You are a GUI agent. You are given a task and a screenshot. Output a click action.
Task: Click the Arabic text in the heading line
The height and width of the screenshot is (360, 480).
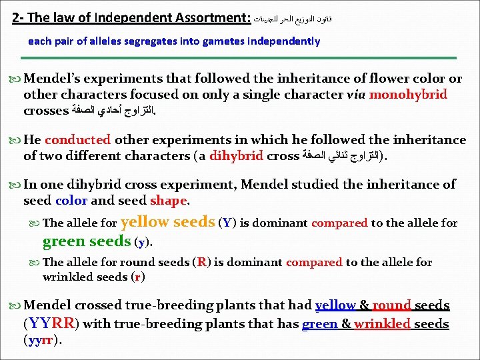(293, 19)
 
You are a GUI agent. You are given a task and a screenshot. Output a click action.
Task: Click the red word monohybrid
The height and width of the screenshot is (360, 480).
(408, 94)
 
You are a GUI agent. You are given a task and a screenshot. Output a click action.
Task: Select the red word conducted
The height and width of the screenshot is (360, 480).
(77, 140)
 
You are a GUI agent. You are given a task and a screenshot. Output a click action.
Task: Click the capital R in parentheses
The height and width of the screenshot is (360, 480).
(201, 262)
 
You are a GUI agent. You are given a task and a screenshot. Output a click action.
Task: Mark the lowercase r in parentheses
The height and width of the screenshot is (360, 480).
(137, 277)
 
